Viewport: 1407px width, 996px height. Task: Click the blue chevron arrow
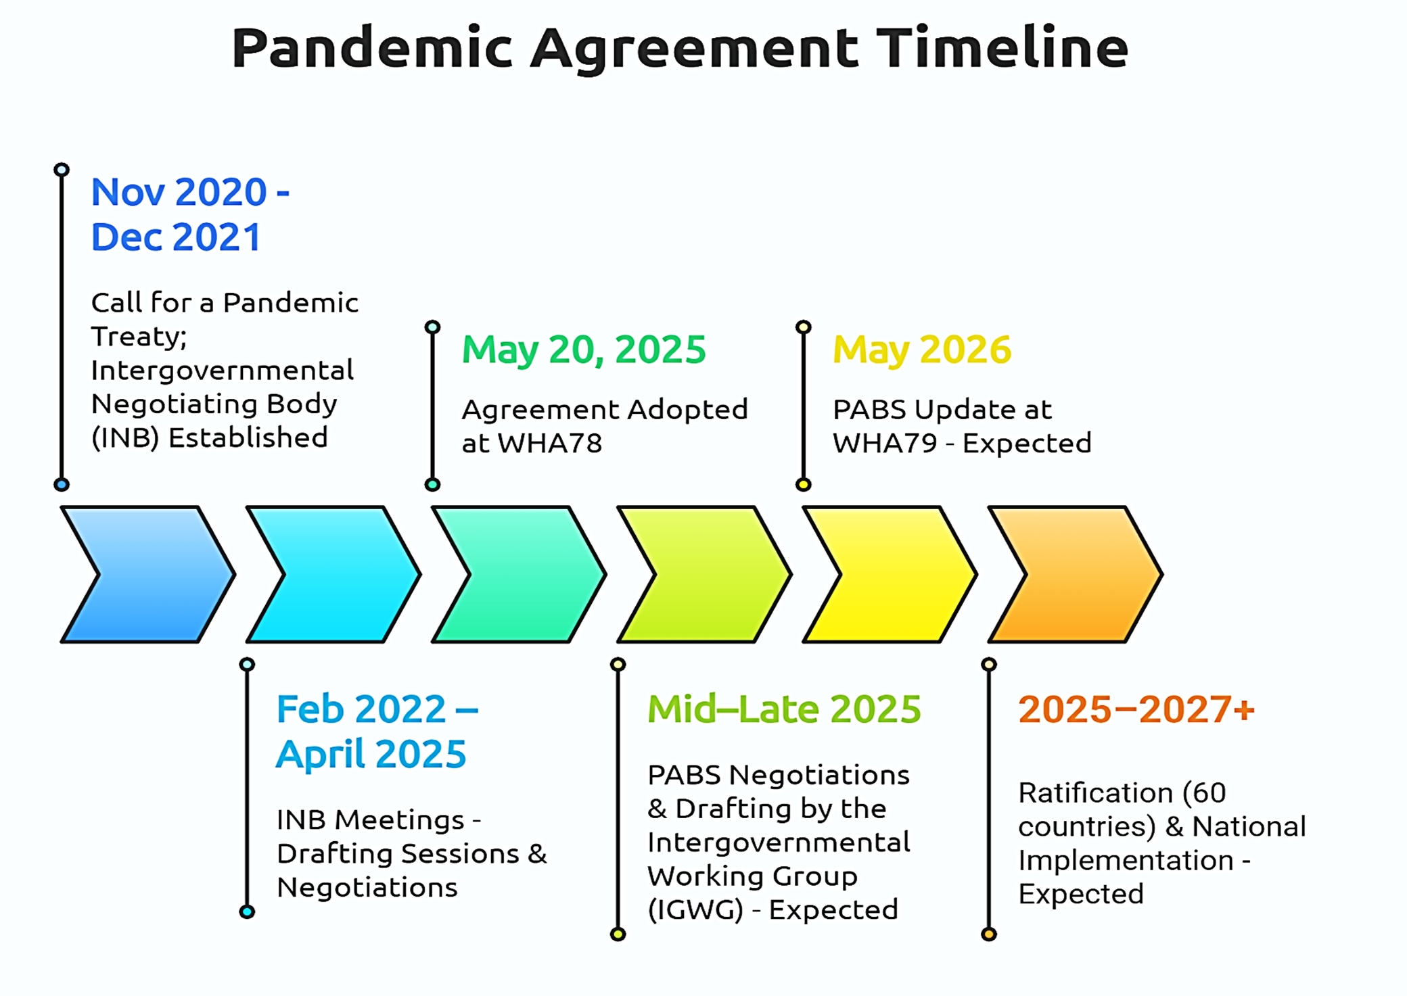click(148, 574)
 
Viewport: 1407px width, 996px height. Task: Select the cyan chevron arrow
click(333, 574)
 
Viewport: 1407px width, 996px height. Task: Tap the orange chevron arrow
click(1076, 574)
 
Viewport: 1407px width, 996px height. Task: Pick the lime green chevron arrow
click(704, 574)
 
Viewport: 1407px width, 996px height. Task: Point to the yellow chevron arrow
click(890, 574)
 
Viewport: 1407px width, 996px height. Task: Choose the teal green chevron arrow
click(519, 574)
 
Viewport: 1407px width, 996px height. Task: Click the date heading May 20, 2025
click(584, 350)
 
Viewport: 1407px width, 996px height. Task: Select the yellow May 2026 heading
click(922, 350)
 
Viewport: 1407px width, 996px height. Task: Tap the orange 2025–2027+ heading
click(1136, 709)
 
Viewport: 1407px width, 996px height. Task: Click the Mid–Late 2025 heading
click(784, 709)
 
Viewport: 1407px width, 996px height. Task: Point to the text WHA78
click(550, 444)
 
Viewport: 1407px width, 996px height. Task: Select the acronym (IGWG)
click(695, 910)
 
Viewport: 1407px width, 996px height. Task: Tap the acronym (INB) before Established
click(125, 438)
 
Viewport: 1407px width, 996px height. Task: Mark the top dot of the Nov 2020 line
click(62, 170)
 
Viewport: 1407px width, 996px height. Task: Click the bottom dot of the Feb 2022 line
click(248, 912)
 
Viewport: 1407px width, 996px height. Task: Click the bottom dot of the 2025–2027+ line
click(989, 934)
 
